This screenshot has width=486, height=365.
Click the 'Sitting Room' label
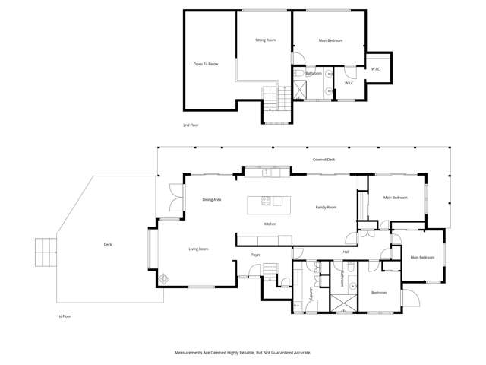[265, 40]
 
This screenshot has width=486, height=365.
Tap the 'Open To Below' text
[206, 65]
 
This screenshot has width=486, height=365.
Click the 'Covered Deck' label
[323, 160]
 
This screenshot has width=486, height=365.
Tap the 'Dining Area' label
[211, 199]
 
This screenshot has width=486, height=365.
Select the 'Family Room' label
[326, 207]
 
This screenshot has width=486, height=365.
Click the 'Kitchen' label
[269, 224]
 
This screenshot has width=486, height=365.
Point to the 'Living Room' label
[198, 249]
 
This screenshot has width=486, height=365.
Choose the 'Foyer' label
[256, 255]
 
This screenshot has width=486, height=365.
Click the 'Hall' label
[346, 252]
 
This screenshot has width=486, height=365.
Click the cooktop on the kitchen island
[267, 202]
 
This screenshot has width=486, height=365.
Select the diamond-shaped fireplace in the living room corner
[164, 278]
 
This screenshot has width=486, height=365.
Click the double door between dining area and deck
[176, 199]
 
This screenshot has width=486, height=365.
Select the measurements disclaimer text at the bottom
[242, 353]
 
